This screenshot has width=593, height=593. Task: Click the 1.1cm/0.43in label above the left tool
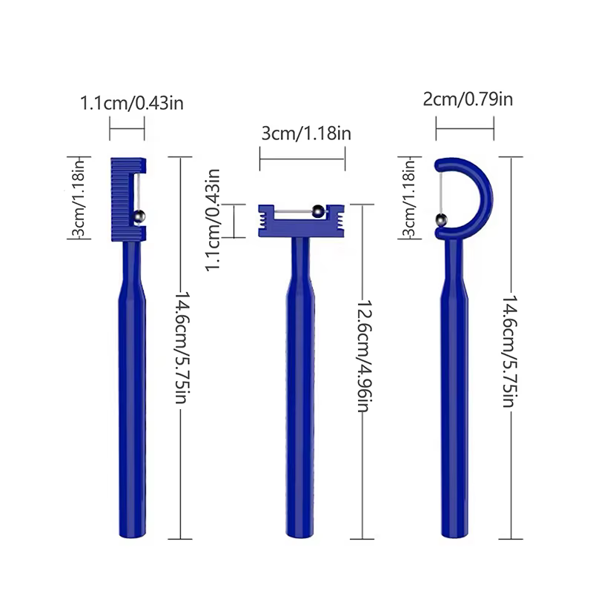(132, 103)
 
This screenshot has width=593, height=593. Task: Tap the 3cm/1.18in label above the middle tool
(306, 133)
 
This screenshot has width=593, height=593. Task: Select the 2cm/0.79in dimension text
(468, 99)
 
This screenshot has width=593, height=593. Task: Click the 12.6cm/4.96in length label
(365, 356)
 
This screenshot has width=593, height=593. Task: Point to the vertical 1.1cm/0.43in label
(213, 220)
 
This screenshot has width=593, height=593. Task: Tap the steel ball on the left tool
(139, 216)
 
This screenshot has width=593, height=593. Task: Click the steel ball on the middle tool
(318, 211)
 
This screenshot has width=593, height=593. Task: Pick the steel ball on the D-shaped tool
(441, 220)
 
